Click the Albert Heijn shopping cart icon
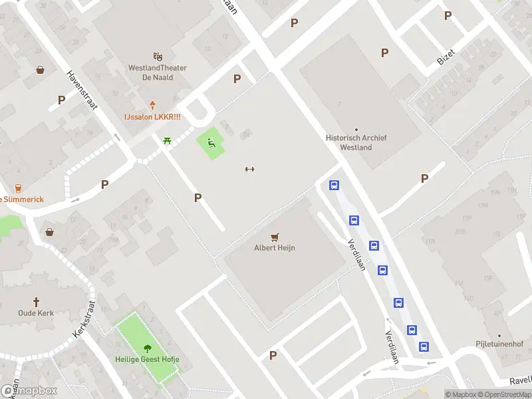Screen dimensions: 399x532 275,237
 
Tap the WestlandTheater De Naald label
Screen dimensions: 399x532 158,72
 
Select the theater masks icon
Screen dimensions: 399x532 158,57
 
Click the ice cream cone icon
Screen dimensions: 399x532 152,105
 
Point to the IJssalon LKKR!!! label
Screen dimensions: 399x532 152,116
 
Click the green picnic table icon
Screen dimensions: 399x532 166,140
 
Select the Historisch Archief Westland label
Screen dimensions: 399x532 356,142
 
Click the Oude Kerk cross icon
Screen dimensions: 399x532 37,301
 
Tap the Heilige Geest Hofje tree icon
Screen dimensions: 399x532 147,348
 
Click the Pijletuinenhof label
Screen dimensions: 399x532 499,344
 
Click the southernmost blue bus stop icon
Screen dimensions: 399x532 424,346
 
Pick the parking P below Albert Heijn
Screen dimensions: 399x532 273,356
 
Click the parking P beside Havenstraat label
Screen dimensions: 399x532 62,100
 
